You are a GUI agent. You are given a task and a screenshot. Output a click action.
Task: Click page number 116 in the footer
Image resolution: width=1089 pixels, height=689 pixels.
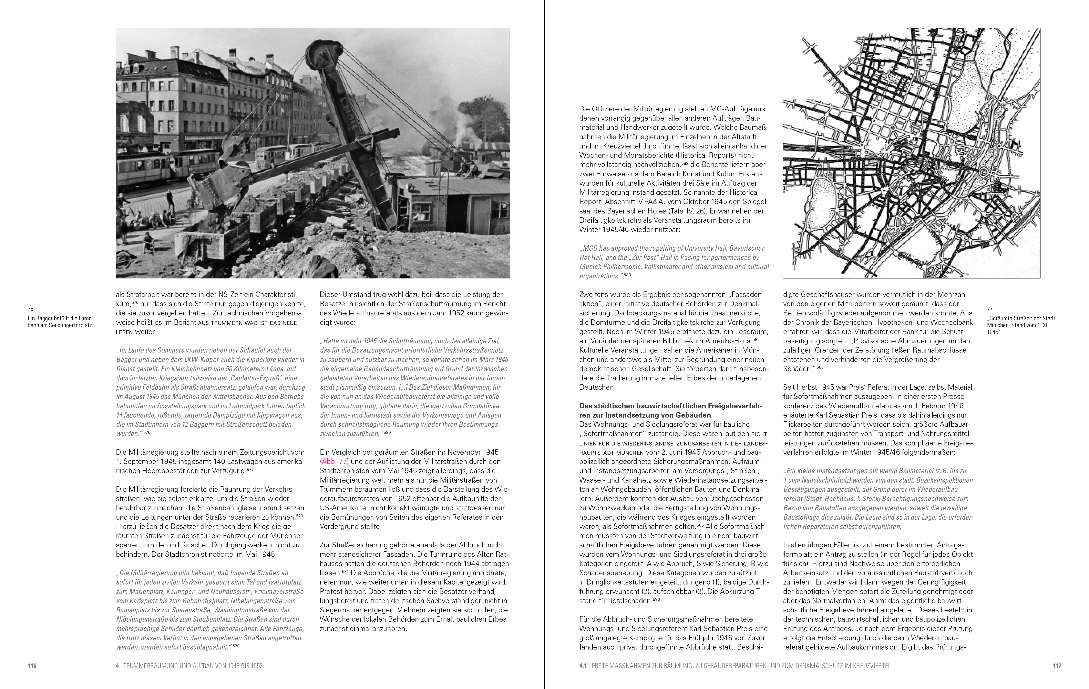click(x=32, y=666)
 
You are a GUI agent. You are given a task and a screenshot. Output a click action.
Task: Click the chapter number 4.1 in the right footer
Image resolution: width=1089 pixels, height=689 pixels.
click(x=582, y=666)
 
